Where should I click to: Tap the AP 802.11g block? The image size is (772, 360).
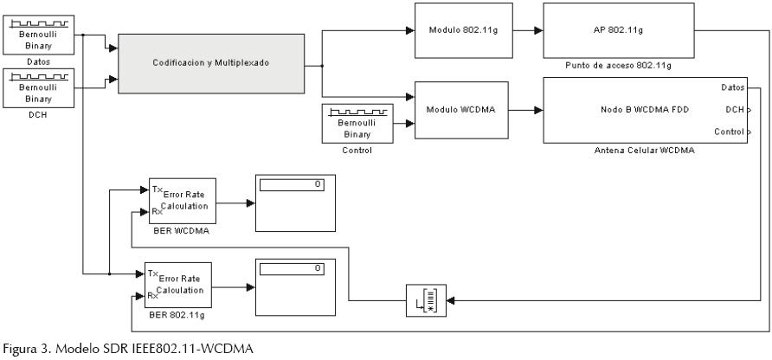pos(619,30)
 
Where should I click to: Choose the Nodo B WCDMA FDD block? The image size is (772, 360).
pos(645,110)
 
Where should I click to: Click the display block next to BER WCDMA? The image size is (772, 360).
pos(293,203)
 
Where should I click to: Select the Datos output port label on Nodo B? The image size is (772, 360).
pos(731,87)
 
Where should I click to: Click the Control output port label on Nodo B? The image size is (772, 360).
pos(728,132)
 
